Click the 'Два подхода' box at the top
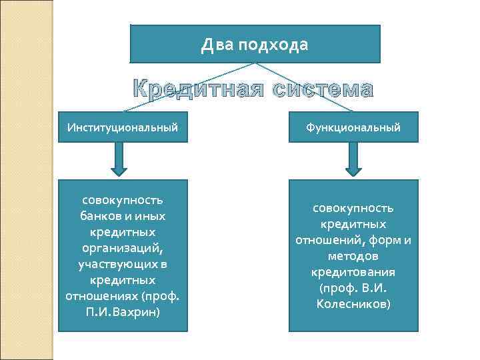coord(255,44)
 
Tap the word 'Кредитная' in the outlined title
coord(196,89)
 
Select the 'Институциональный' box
coord(123,127)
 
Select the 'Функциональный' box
coord(353,127)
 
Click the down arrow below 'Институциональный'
coord(119,161)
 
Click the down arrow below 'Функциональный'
coord(353,161)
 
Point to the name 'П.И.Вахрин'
coord(123,311)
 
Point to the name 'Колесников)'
coord(353,304)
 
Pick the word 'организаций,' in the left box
coord(123,248)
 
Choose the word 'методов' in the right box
coord(353,256)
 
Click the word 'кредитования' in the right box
coord(353,272)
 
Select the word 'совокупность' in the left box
coord(123,200)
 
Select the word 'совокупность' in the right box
coord(353,208)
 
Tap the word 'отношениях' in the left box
coord(99,295)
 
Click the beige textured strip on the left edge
coord(27,180)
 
